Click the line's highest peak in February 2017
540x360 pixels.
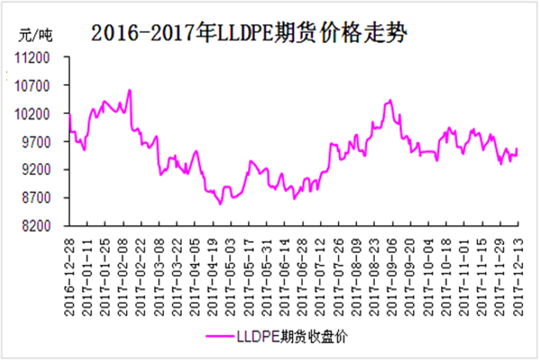tap(130, 90)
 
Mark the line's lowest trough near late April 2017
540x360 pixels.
tap(220, 204)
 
